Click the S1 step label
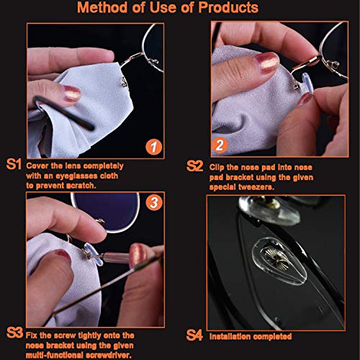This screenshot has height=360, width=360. [14, 165]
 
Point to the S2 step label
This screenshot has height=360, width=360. [194, 165]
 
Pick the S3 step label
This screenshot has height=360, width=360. [14, 333]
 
